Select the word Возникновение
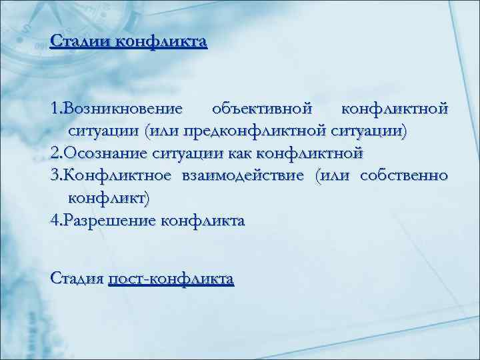click(x=125, y=107)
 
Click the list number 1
click(x=54, y=107)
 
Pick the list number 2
click(x=54, y=153)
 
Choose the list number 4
click(x=54, y=221)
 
